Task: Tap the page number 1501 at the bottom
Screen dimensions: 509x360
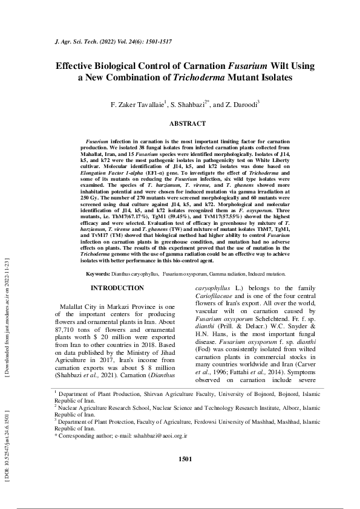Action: click(186, 476)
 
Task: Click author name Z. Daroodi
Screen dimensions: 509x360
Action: click(240, 105)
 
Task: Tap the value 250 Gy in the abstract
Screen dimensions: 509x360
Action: click(89, 197)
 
